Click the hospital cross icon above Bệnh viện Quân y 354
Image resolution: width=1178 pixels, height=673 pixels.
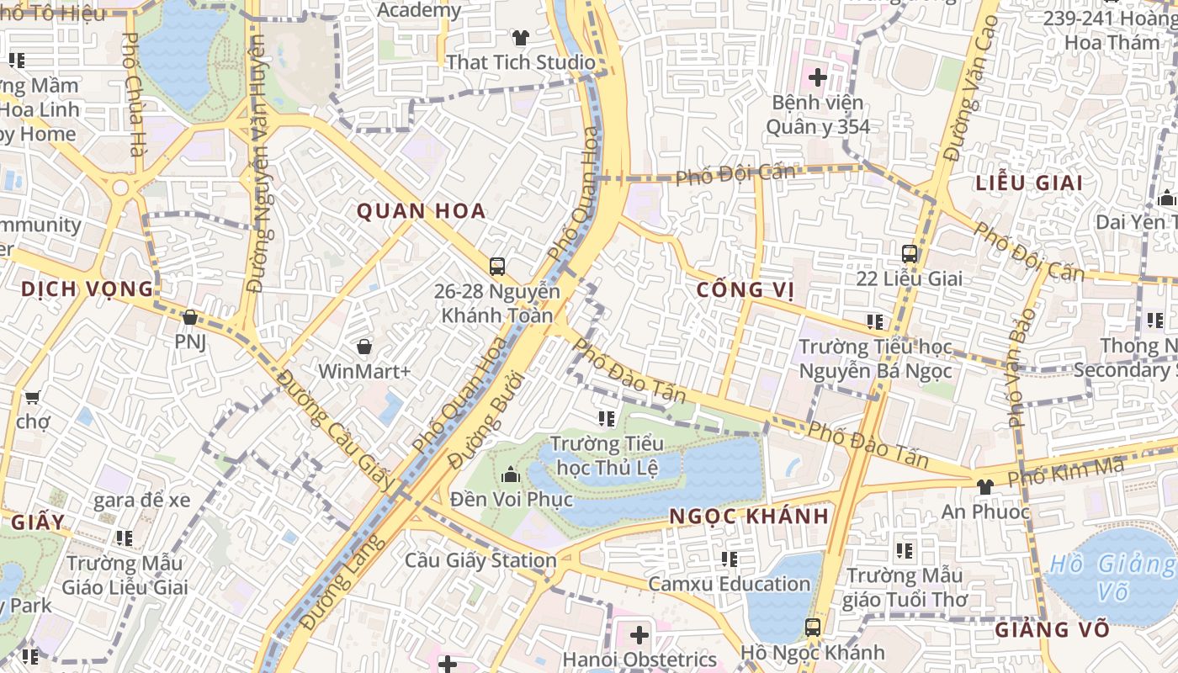817,77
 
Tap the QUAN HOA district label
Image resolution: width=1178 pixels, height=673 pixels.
422,210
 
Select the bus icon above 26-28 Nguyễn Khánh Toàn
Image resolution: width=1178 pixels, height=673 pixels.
497,267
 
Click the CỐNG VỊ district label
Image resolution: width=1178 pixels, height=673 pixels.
746,290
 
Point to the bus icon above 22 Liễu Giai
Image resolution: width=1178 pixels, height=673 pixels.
910,253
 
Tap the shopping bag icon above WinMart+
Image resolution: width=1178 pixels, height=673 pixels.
364,347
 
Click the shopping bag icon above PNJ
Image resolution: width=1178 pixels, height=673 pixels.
190,317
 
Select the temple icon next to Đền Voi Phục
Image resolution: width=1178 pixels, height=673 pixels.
510,475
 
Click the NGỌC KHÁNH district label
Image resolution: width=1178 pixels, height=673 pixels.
750,516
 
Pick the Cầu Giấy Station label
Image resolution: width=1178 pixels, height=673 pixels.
480,560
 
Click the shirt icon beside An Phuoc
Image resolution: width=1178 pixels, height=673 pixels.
984,486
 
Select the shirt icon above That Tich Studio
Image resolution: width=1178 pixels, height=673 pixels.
521,38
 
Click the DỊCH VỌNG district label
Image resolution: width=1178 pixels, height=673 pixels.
88,289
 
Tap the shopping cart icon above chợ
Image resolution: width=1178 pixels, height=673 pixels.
32,397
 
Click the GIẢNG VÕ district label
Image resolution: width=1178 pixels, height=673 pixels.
1053,629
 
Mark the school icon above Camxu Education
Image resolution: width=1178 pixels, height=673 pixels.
730,559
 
